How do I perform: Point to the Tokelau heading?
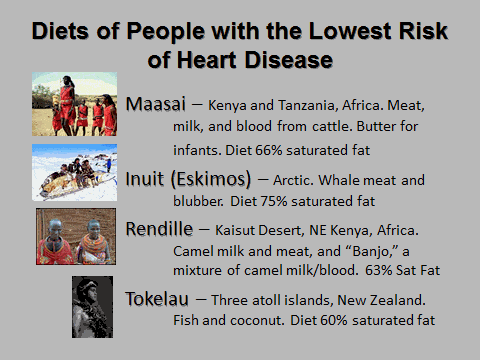(x=161, y=298)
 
